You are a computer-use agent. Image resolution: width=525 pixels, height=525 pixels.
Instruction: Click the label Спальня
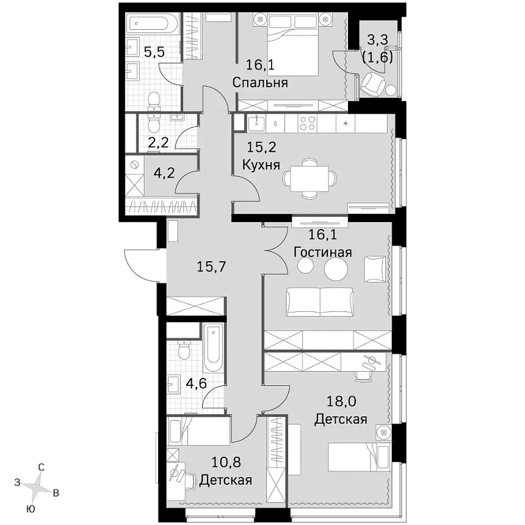[260, 82]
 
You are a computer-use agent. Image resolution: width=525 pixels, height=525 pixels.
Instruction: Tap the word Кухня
[261, 165]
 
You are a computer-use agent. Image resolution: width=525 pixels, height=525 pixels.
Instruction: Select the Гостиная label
[322, 252]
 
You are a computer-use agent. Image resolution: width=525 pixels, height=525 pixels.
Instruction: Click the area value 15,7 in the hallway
[212, 267]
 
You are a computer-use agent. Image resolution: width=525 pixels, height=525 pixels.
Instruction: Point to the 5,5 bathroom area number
[154, 52]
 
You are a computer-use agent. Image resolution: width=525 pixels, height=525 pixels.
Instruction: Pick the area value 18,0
[341, 401]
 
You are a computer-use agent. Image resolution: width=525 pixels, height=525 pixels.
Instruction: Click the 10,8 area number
[226, 462]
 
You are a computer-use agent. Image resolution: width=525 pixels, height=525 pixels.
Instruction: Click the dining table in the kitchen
[310, 179]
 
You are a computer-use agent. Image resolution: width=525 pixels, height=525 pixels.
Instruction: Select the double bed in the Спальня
[292, 45]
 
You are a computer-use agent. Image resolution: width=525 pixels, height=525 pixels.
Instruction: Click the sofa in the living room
[320, 302]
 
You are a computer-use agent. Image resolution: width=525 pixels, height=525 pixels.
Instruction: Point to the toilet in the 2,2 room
[154, 124]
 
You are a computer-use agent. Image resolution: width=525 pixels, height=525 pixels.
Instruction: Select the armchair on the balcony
[372, 84]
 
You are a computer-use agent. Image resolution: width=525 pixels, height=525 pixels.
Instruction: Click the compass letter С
[41, 467]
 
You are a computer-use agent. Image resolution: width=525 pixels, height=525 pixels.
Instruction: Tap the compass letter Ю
[31, 509]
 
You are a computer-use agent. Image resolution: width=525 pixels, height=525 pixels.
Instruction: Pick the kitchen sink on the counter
[256, 123]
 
